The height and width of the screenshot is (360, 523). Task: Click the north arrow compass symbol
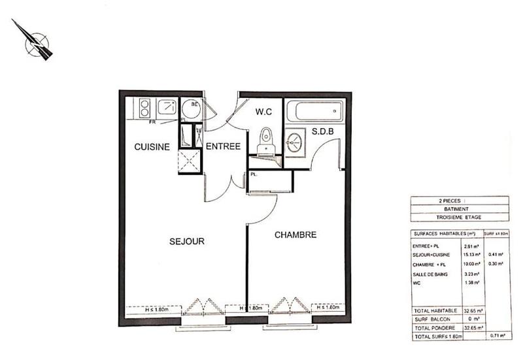tap(34, 41)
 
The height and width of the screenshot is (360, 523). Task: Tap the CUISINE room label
tap(152, 147)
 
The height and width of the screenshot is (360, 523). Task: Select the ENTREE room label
tap(223, 147)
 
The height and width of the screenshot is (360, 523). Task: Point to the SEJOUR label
tap(186, 241)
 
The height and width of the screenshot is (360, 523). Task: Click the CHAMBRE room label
tap(295, 235)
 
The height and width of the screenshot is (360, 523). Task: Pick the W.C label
tap(263, 112)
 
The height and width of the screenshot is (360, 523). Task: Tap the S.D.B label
tap(323, 131)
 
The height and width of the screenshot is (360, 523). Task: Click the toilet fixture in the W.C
tap(265, 139)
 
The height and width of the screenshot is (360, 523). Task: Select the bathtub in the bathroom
tap(315, 110)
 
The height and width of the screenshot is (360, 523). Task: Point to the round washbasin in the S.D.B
tap(295, 140)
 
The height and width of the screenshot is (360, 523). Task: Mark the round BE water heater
tap(191, 108)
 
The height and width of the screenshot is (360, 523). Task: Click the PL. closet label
tap(253, 174)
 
